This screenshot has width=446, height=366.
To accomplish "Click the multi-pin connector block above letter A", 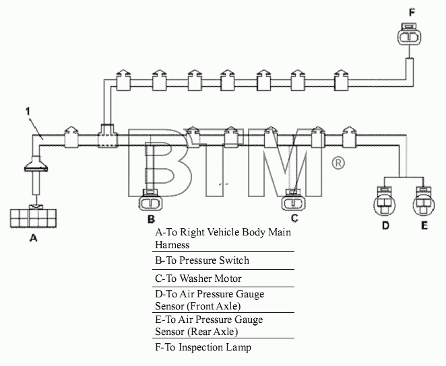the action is tap(33, 217).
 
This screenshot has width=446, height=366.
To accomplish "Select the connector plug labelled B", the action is tap(150, 201).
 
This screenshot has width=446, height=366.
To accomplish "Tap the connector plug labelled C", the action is tap(294, 200).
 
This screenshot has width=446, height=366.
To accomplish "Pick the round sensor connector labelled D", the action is tap(384, 202).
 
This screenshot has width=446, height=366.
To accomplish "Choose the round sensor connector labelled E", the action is tap(424, 202).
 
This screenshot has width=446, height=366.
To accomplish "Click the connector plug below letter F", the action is tap(410, 34).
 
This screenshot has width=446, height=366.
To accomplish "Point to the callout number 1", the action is tap(28, 112).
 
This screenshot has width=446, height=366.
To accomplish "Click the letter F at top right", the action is tap(412, 13).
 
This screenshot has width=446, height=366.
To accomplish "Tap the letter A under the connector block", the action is tap(33, 237).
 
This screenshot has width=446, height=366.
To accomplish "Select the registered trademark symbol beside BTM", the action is tap(338, 163).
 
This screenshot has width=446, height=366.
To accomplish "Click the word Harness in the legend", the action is tap(172, 244).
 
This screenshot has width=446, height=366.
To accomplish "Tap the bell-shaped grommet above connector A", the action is tap(36, 164).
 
